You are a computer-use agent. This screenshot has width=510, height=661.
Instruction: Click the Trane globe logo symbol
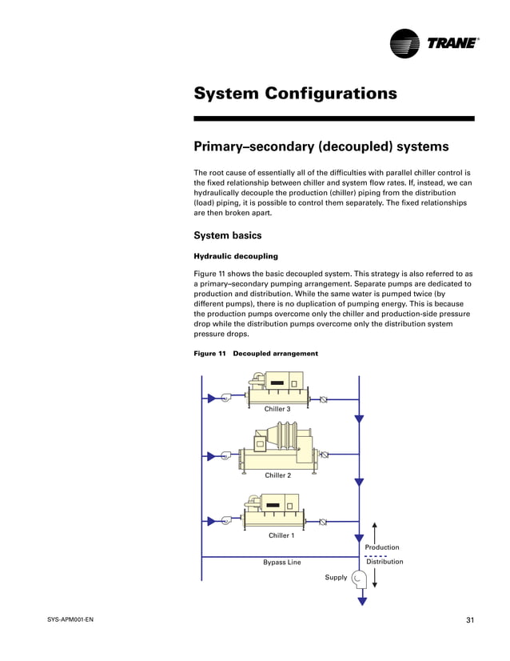point(405,43)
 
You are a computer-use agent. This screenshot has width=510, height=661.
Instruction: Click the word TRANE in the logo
point(450,44)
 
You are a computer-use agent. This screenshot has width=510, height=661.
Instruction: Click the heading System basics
point(228,235)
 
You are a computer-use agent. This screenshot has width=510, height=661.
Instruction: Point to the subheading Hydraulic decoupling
point(236,256)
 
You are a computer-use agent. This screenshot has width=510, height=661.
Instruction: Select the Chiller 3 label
point(277,409)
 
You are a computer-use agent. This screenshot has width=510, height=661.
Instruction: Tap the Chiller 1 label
point(281,535)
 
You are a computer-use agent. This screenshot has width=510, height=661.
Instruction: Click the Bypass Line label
point(282,563)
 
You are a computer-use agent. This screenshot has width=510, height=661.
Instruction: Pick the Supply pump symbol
point(359,577)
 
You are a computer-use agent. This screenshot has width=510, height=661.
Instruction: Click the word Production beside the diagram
point(382,547)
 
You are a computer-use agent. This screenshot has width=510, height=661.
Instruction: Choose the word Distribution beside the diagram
point(384,562)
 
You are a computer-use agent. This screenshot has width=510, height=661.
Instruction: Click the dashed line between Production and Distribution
point(376,555)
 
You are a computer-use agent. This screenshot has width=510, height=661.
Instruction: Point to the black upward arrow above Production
point(374,531)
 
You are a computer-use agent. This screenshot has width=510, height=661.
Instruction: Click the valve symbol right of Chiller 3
point(323,399)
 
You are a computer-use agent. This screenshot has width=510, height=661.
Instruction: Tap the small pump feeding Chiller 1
point(227,522)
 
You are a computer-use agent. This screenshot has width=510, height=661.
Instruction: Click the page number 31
point(469,620)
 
